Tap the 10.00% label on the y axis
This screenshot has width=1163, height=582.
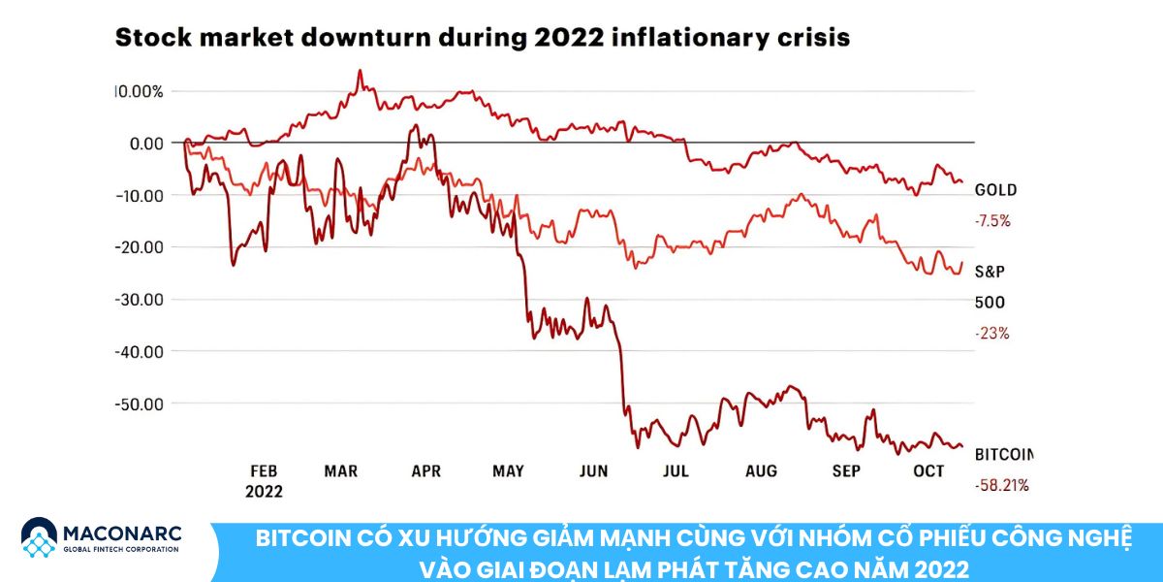(140, 92)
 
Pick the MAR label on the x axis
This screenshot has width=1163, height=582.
(341, 471)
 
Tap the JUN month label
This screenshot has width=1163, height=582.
(593, 471)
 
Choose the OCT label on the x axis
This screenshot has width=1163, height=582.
(928, 471)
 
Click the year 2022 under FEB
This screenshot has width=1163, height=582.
(264, 492)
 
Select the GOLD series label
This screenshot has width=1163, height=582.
(995, 190)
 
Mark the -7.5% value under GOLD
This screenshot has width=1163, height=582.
(992, 221)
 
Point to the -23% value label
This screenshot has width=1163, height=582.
(991, 334)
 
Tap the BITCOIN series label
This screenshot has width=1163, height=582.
(1004, 454)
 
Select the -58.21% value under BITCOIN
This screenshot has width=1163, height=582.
(1001, 485)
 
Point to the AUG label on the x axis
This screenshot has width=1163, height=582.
(762, 471)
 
